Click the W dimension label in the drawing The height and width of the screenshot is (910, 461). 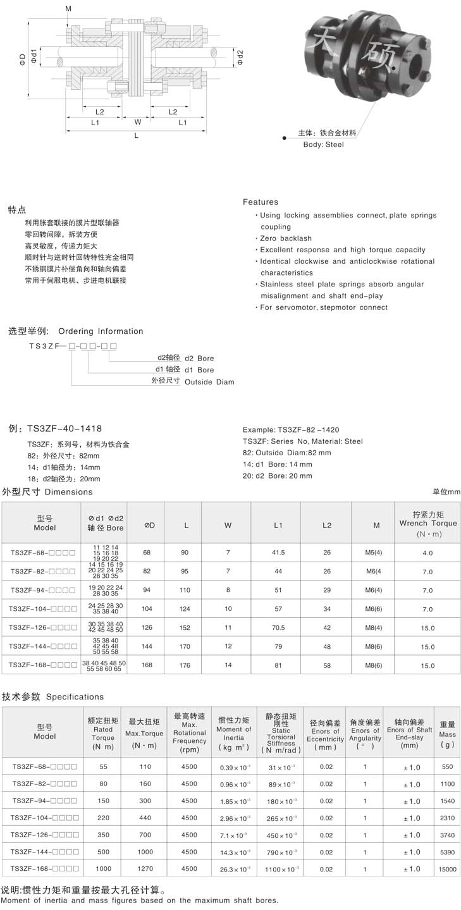point(137,122)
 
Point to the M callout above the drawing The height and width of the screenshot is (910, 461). point(68,8)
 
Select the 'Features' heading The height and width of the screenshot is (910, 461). point(261,202)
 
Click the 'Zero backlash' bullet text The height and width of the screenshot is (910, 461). point(286,238)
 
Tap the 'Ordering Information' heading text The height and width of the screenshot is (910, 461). point(101,331)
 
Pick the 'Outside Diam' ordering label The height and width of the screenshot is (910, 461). point(209,382)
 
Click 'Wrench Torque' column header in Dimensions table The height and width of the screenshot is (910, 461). point(427,523)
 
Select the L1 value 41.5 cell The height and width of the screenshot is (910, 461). point(278,553)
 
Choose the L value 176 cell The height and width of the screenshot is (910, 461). point(185,665)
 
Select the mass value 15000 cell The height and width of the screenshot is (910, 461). point(447,870)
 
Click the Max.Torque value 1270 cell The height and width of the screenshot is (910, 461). point(144,870)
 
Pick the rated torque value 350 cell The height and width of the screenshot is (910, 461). point(103,835)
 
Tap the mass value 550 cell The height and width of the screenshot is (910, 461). point(447,766)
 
